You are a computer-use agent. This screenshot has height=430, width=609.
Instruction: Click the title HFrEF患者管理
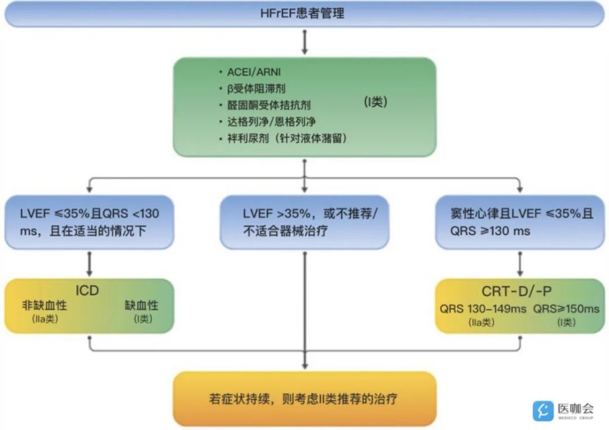(302, 13)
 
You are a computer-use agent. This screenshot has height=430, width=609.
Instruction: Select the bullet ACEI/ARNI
(253, 72)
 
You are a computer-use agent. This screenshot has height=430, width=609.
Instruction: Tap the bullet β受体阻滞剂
(256, 88)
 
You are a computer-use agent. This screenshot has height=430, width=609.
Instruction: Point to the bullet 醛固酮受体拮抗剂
(269, 105)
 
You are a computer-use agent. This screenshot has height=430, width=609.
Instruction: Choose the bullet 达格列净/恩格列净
(271, 122)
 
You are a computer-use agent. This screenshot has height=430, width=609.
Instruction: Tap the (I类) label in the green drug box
(376, 102)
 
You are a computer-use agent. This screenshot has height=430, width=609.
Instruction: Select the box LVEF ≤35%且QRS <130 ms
(89, 222)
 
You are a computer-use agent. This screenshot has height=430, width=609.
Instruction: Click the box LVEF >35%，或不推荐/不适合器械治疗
(304, 222)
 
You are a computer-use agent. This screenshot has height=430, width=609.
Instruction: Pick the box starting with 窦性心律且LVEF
(519, 222)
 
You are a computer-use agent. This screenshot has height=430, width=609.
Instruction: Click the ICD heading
(87, 290)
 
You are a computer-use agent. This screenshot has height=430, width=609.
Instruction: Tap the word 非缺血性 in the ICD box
(44, 305)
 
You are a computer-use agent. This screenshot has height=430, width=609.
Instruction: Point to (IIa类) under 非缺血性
(45, 319)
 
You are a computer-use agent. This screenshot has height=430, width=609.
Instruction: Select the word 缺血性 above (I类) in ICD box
(141, 305)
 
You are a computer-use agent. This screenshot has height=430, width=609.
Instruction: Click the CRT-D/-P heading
(516, 291)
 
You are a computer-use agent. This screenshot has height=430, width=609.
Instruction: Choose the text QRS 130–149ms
(483, 309)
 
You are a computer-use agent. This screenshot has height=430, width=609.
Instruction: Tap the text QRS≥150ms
(566, 309)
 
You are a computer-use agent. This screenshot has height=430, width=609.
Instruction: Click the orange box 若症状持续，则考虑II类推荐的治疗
(304, 399)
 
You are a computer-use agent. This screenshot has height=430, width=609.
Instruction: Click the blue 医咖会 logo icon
(543, 411)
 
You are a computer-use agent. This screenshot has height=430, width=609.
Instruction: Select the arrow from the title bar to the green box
(304, 42)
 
